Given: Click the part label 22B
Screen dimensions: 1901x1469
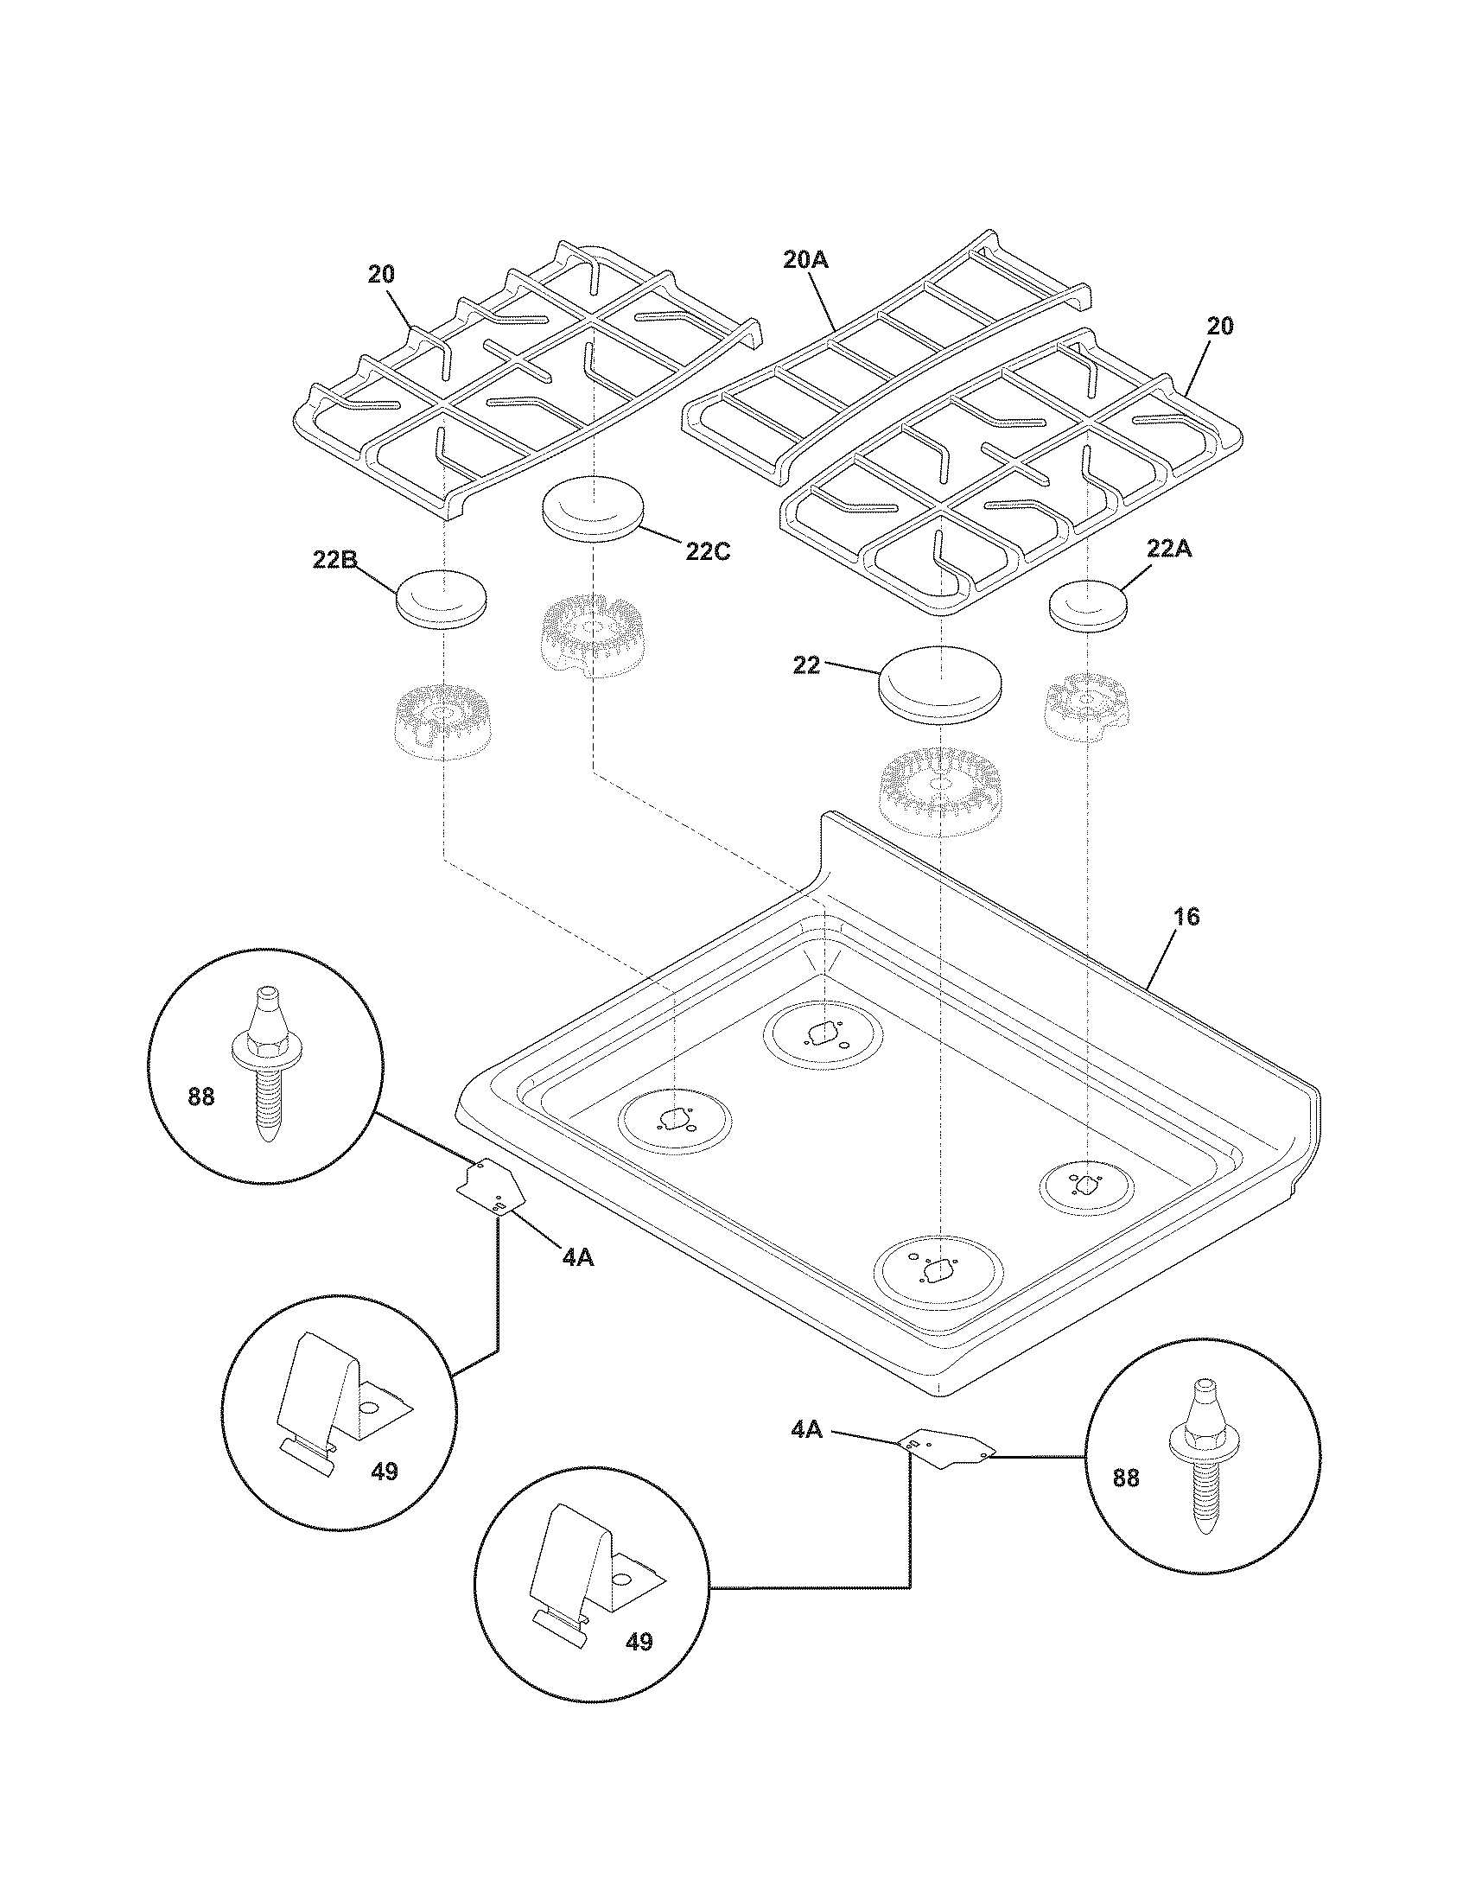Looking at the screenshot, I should [334, 561].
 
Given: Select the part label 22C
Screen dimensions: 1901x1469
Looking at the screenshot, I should [706, 553].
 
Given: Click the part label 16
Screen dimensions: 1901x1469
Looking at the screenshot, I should [1186, 917].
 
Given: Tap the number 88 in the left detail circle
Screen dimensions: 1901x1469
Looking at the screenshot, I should [201, 1097].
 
